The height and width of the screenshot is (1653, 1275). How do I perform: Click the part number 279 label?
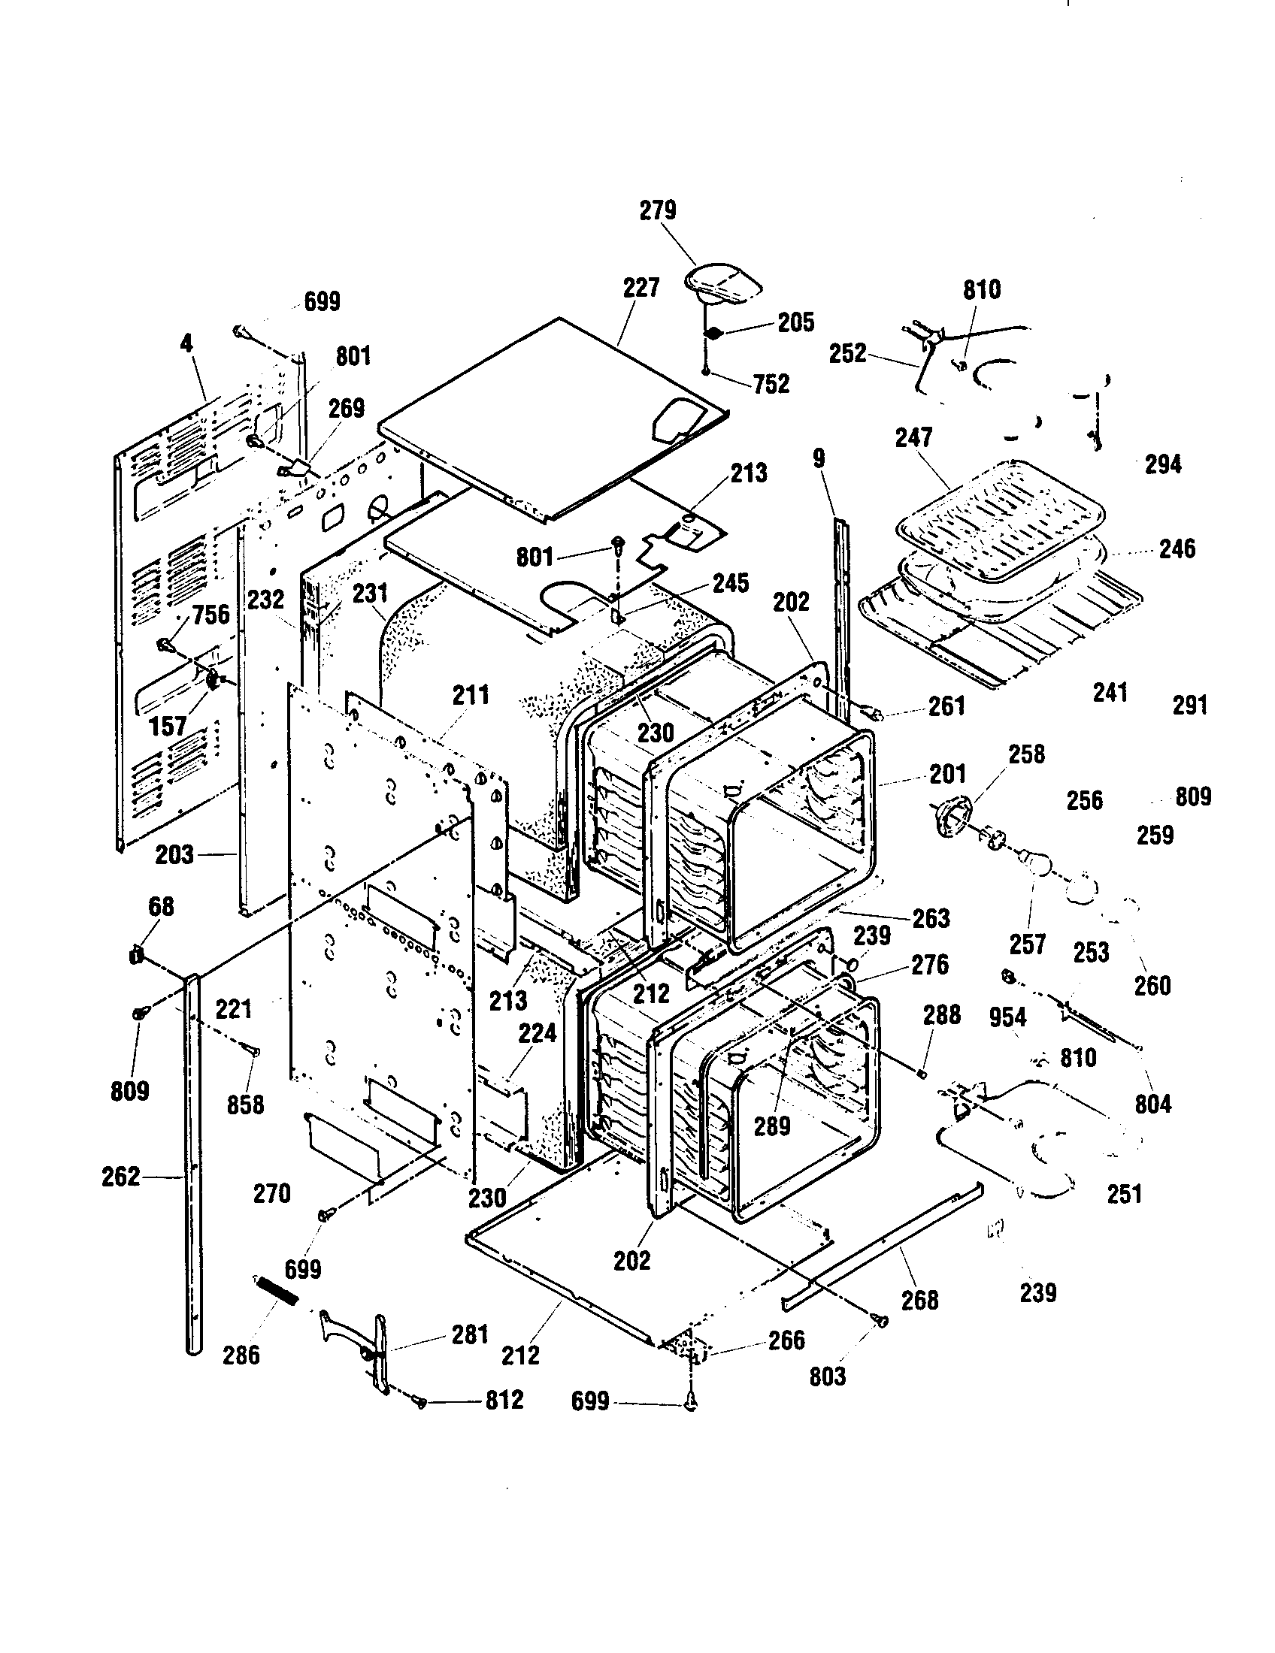[657, 210]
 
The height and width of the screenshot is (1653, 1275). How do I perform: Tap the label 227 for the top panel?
[641, 288]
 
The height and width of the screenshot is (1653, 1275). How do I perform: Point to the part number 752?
[771, 384]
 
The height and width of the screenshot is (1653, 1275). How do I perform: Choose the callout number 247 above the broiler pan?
[913, 437]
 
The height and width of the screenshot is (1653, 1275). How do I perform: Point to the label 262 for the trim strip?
[121, 1177]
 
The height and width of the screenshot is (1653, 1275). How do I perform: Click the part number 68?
[161, 906]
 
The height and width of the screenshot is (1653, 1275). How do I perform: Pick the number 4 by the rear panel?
[186, 343]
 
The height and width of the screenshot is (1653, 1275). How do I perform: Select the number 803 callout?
[827, 1376]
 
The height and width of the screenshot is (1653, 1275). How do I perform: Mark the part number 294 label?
[1162, 464]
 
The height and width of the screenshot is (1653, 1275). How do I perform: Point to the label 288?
[941, 1015]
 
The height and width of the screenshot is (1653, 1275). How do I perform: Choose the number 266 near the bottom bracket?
[786, 1340]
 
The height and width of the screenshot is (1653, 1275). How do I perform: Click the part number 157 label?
[168, 727]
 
